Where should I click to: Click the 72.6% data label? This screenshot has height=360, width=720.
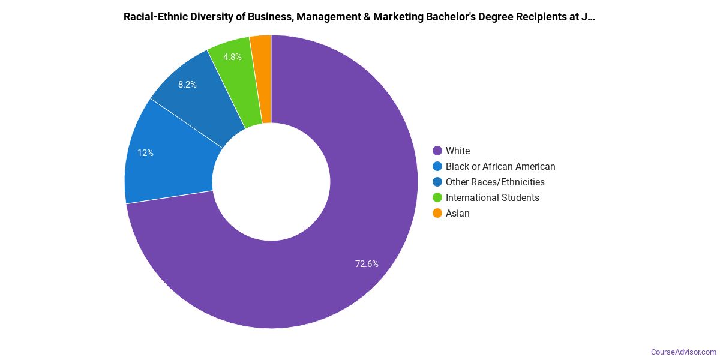tap(367, 263)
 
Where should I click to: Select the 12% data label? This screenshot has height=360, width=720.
tap(145, 153)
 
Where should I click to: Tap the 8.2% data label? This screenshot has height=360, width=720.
tap(187, 85)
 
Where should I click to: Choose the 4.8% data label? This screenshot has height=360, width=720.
tap(232, 57)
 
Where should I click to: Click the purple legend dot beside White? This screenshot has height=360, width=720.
tap(437, 151)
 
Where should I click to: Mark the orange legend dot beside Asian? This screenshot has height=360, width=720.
tap(437, 213)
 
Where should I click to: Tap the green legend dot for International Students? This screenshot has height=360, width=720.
tap(437, 197)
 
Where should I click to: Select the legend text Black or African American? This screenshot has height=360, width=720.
tap(500, 166)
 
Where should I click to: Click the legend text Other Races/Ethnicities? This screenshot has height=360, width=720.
tap(495, 182)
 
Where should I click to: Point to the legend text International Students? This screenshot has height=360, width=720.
tap(492, 197)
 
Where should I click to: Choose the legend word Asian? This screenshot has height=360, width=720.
tap(457, 213)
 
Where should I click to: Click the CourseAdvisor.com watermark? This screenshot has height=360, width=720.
tap(683, 352)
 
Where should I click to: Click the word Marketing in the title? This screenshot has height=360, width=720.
tap(397, 17)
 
